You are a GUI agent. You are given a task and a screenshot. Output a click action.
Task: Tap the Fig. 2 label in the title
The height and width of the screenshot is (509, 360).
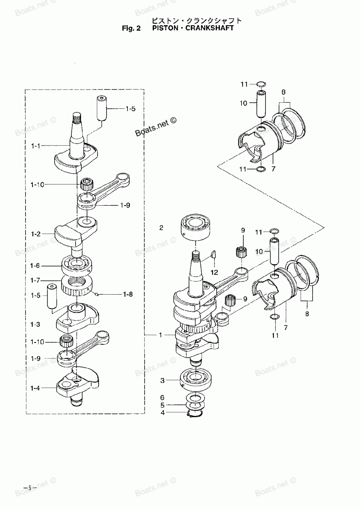pyautogui.click(x=131, y=28)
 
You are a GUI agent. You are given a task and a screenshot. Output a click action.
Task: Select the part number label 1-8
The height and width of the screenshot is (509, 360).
pyautogui.click(x=128, y=295)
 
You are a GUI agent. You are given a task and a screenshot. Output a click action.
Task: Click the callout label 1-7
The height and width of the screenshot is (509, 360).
pyautogui.click(x=35, y=281)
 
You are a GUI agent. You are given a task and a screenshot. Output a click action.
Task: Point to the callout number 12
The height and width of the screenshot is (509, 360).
pyautogui.click(x=214, y=272)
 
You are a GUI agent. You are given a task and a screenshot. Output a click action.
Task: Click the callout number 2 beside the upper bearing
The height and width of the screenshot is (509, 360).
pyautogui.click(x=161, y=228)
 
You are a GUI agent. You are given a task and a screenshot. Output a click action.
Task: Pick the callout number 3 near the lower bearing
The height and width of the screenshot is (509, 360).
pyautogui.click(x=162, y=380)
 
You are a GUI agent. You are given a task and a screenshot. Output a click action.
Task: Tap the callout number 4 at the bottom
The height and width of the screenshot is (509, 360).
pyautogui.click(x=163, y=412)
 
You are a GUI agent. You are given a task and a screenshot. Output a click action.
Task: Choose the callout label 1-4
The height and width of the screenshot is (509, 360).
pyautogui.click(x=35, y=388)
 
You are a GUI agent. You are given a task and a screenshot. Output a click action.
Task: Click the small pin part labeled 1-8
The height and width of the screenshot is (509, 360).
pyautogui.click(x=97, y=295)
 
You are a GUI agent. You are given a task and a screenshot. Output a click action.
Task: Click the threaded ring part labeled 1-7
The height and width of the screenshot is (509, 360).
pyautogui.click(x=77, y=286)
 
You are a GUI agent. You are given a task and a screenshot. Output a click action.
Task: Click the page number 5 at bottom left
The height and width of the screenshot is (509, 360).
pyautogui.click(x=30, y=488)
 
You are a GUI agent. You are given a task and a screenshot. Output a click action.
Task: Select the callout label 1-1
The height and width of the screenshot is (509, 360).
pyautogui.click(x=36, y=146)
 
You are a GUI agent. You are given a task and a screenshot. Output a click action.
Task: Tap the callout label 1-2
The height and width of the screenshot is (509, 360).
pyautogui.click(x=36, y=234)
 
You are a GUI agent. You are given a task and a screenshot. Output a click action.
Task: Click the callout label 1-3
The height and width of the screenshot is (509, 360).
pyautogui.click(x=35, y=325)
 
